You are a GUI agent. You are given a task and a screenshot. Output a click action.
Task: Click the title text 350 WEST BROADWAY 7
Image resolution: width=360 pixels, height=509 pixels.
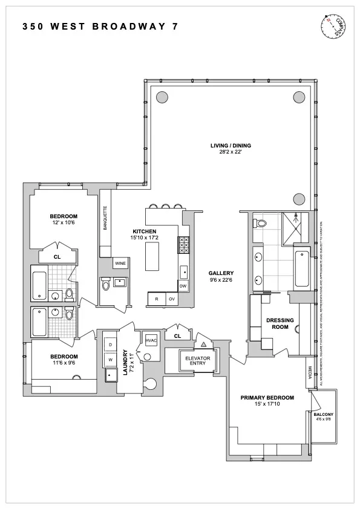pos(100,27)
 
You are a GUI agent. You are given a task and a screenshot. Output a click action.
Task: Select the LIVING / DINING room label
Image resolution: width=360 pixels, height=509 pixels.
pos(231,146)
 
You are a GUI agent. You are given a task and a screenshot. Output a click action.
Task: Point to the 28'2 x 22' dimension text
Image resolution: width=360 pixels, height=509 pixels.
pos(231,152)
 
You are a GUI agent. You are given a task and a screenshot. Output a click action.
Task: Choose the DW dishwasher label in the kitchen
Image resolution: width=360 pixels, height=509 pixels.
pos(183,286)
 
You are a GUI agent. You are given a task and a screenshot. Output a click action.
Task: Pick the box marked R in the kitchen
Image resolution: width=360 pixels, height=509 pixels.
pos(157,299)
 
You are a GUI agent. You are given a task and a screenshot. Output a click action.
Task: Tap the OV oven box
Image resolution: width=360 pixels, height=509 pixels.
pos(172,299)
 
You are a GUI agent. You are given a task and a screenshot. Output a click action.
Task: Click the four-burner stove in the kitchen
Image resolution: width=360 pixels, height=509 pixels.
pos(183,245)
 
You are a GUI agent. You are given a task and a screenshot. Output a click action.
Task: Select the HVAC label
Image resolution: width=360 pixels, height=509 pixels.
pos(151,341)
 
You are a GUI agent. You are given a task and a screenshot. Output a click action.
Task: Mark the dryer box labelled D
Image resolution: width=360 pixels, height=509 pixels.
pos(110,345)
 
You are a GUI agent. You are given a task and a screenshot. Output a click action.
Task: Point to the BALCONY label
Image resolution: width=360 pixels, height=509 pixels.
pos(324,414)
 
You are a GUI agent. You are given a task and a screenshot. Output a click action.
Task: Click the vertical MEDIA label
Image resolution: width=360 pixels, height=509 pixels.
pos(310,375)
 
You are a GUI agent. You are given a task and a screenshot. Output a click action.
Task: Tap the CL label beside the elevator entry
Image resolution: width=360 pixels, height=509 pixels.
pos(177,336)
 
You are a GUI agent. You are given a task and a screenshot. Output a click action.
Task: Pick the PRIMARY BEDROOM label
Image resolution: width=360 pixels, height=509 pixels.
pos(267,397)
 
